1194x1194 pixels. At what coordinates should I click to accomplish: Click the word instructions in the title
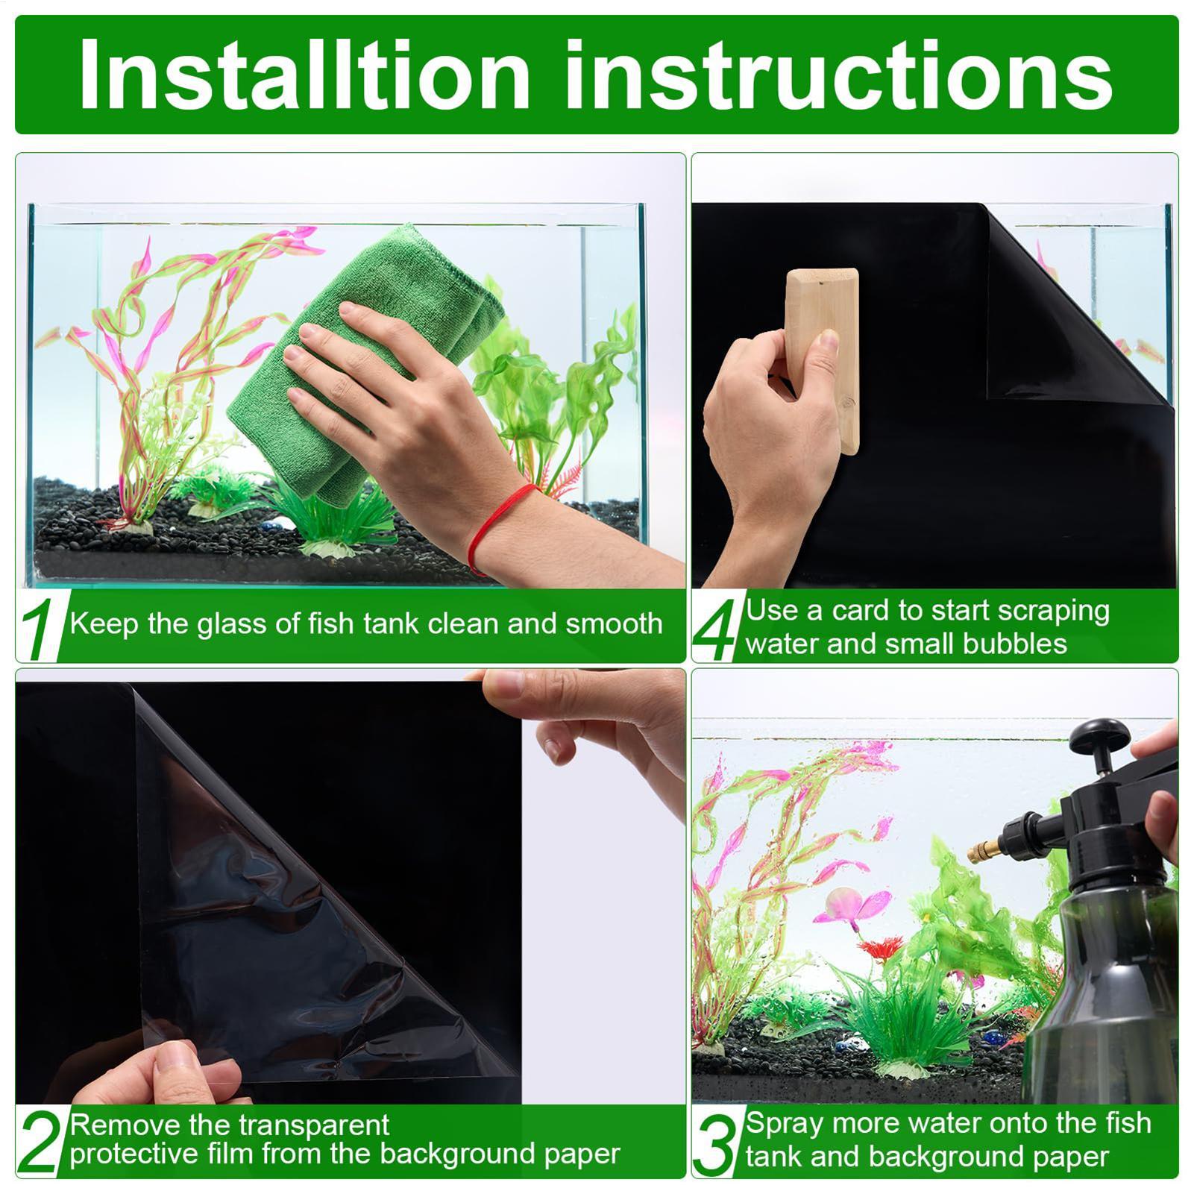pos(839,75)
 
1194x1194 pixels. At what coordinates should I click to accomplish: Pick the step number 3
pos(714,1143)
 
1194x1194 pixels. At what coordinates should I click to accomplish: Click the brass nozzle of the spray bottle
pos(983,850)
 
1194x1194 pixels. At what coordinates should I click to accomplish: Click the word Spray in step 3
pos(784,1123)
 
